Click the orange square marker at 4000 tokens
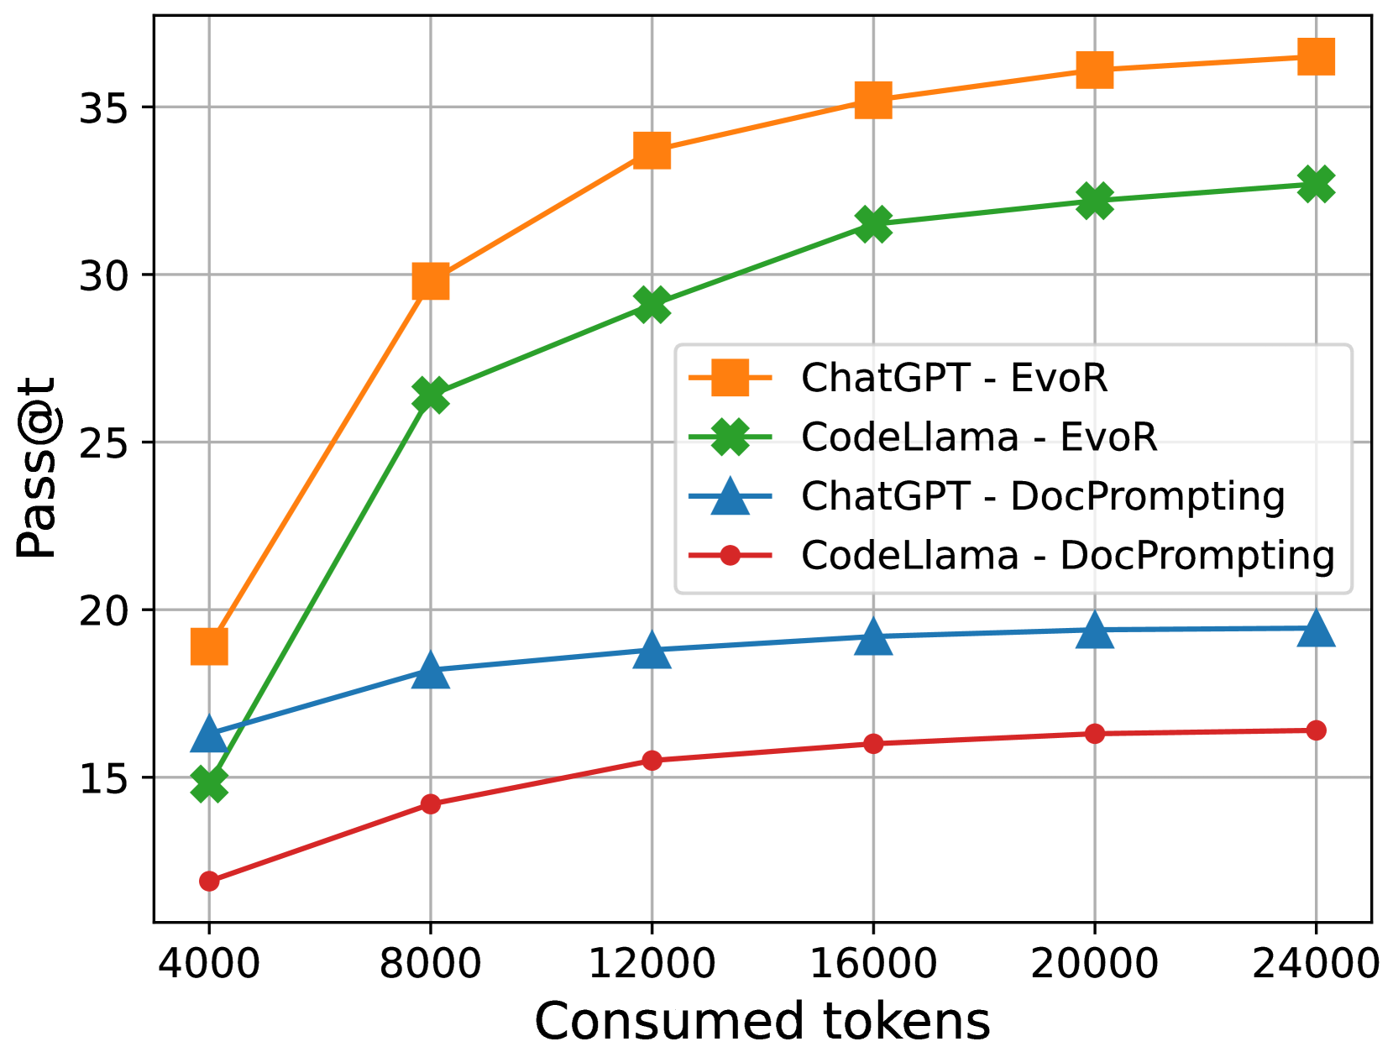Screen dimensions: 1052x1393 209,646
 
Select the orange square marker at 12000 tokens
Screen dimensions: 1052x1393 652,151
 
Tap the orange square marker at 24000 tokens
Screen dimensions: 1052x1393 1316,57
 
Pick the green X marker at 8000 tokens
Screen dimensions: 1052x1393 430,395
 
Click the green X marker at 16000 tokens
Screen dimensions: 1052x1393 873,224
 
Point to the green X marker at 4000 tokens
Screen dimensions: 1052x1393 209,784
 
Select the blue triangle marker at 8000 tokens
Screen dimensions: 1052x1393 430,670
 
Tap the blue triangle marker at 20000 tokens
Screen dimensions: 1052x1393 1094,630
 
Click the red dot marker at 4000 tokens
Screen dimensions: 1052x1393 209,881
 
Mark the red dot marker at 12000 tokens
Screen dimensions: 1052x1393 652,761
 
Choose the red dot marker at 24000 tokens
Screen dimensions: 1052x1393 1316,730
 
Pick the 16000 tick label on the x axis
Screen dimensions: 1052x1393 873,964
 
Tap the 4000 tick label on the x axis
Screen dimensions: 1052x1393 209,964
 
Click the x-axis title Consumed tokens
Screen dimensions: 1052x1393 762,1021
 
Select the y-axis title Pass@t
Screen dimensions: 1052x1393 37,467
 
